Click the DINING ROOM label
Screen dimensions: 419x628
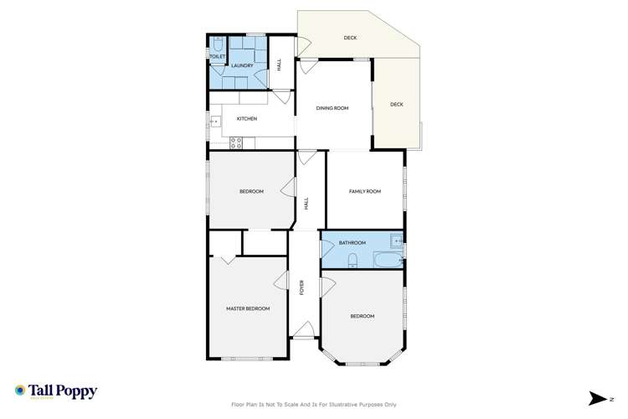point(332,108)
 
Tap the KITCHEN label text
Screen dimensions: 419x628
point(246,119)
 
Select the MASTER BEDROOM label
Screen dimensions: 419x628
point(248,308)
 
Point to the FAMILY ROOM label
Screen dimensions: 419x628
point(364,192)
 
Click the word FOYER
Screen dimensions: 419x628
point(301,287)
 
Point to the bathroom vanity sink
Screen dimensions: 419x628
point(396,242)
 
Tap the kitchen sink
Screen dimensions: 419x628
point(214,127)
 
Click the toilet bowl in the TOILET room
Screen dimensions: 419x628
point(217,47)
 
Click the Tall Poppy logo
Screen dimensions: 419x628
point(56,391)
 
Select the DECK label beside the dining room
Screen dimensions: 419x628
point(397,105)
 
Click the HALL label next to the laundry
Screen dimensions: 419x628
point(280,63)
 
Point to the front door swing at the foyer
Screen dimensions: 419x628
point(303,331)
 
